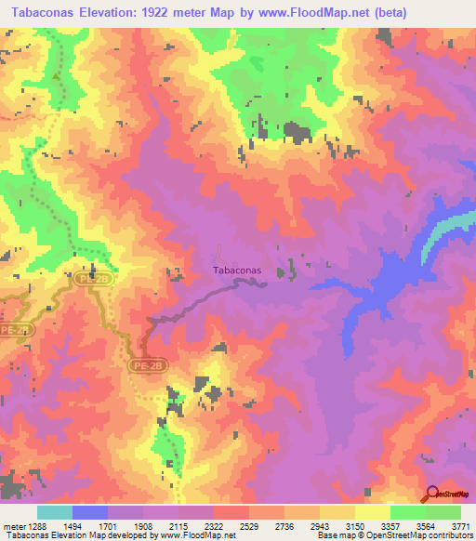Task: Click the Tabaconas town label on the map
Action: (x=237, y=270)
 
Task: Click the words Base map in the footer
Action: (x=333, y=536)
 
